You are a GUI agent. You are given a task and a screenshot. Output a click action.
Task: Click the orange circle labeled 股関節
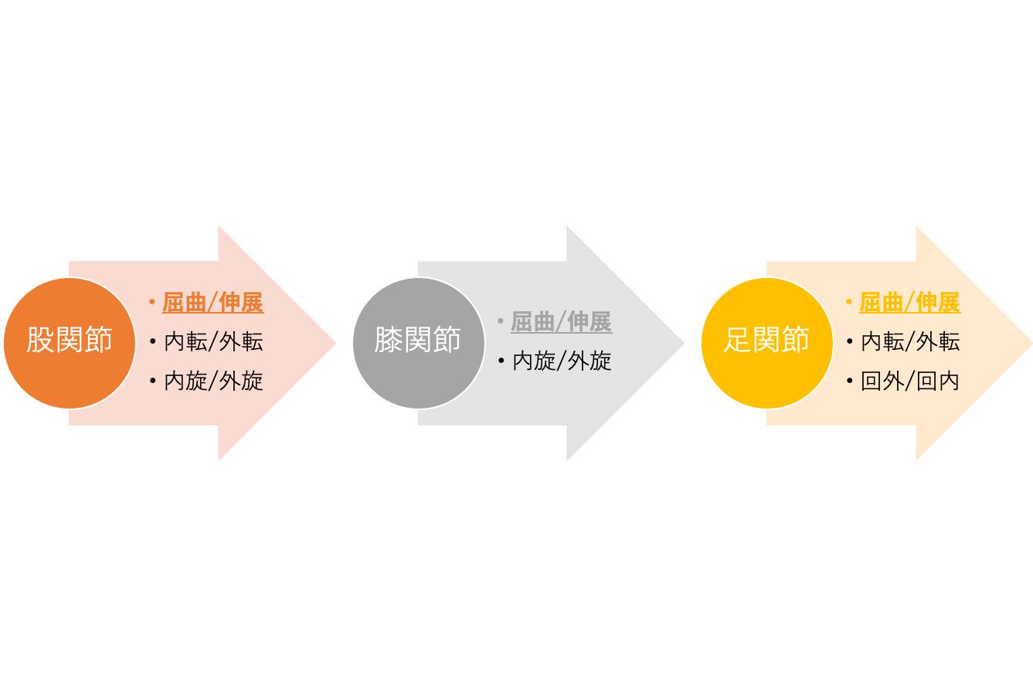click(x=70, y=343)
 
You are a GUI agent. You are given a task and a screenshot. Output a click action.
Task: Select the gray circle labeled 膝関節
click(x=419, y=343)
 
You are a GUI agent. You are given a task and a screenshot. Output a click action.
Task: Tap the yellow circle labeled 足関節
click(x=767, y=343)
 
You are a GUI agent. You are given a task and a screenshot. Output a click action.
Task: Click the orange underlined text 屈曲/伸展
click(x=213, y=303)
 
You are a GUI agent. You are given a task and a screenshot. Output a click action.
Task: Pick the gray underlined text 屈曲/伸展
click(x=561, y=322)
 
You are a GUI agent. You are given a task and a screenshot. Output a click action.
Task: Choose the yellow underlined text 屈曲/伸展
click(x=910, y=303)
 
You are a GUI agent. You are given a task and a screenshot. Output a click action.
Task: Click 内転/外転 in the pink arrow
click(x=213, y=341)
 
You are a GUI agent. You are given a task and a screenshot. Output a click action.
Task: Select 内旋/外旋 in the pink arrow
click(x=213, y=381)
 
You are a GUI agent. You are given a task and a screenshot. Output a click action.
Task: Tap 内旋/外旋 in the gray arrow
click(x=562, y=361)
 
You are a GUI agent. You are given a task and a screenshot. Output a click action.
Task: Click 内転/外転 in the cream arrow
click(x=910, y=341)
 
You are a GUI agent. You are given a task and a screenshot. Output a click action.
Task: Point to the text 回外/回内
click(x=910, y=381)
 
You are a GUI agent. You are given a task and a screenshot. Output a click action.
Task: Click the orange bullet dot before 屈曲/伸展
click(x=152, y=302)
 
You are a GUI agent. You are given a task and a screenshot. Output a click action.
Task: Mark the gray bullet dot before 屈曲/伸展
click(x=501, y=320)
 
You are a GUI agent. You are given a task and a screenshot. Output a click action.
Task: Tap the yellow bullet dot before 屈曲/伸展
click(x=849, y=302)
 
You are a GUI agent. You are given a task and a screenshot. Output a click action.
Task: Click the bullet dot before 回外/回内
click(x=849, y=381)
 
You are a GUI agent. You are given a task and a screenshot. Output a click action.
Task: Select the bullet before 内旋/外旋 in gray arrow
click(x=501, y=361)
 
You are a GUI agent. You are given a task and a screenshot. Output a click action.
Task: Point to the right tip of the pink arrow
click(x=335, y=343)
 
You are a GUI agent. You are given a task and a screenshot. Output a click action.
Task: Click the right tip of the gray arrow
click(x=684, y=343)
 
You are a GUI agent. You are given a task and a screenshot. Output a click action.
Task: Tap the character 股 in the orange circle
click(x=40, y=340)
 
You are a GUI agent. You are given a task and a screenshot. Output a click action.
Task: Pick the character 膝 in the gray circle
click(x=389, y=340)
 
